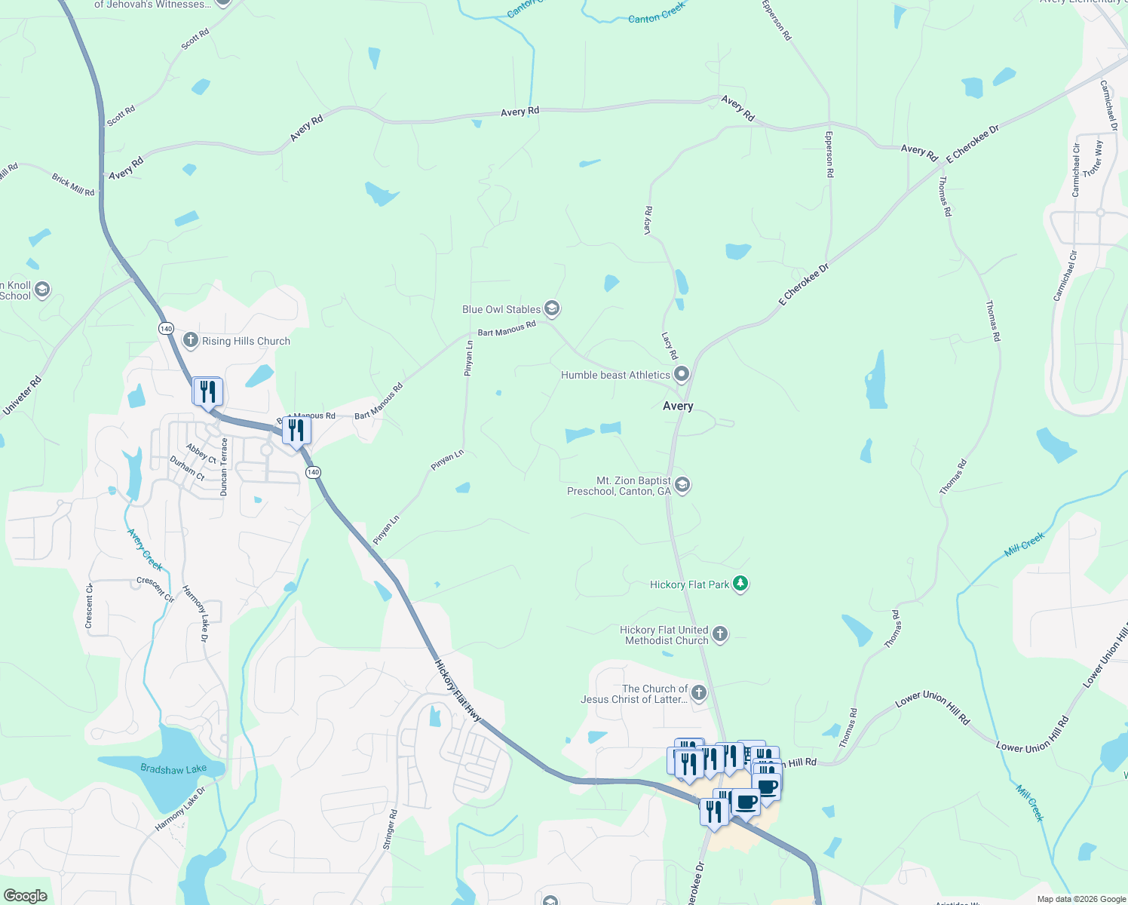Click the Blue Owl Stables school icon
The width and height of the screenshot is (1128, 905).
(x=552, y=308)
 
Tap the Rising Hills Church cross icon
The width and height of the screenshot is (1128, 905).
(x=190, y=340)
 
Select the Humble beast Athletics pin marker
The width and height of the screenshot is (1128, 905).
(x=682, y=374)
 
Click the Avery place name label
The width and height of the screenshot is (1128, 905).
(x=678, y=406)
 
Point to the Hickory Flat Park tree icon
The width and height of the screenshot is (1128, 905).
(x=740, y=584)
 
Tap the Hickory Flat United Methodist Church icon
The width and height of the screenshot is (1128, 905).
(x=720, y=634)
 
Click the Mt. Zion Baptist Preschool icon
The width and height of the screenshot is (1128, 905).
(x=682, y=485)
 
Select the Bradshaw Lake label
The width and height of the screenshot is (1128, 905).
(x=173, y=769)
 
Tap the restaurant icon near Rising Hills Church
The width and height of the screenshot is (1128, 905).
(x=207, y=391)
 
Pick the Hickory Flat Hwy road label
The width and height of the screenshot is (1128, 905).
(x=458, y=690)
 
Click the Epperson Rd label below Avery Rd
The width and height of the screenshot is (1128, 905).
(x=829, y=155)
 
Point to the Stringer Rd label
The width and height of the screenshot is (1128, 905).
(x=390, y=830)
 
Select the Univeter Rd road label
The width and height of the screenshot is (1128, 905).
(x=23, y=395)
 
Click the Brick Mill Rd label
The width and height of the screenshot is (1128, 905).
(x=73, y=186)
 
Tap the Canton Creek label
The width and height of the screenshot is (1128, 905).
(x=657, y=13)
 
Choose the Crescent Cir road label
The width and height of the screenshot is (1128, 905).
(x=155, y=590)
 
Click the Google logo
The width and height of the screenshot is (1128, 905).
(x=25, y=896)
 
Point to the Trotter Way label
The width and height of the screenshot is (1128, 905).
(x=1093, y=159)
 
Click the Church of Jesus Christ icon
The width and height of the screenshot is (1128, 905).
(x=699, y=693)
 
